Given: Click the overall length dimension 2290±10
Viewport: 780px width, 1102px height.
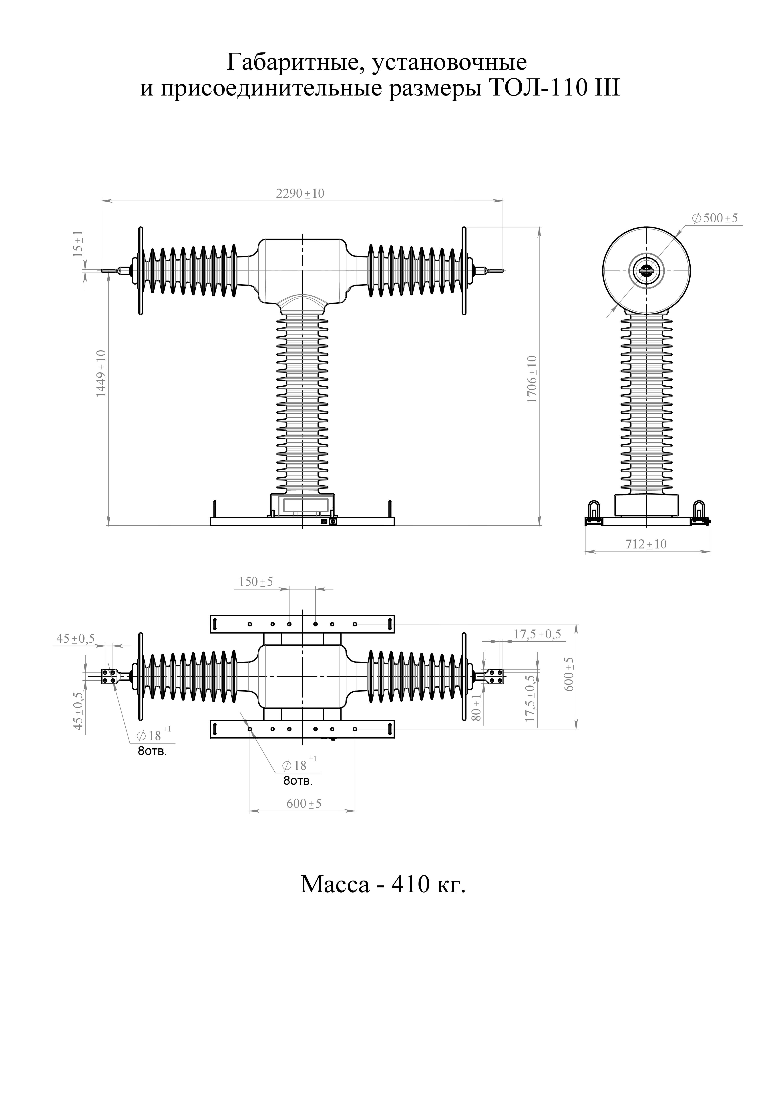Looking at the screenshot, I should pos(300,193).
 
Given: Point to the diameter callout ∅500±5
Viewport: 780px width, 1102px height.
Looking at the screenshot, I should pos(715,218).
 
